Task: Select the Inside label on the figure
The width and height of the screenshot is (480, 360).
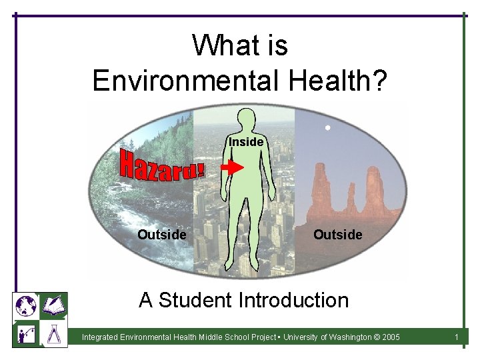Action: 247,142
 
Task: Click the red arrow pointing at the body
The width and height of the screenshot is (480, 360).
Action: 232,168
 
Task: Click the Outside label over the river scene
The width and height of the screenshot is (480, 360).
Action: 161,235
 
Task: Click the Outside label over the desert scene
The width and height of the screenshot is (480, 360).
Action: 337,235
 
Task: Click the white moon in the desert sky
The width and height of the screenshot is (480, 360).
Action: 327,127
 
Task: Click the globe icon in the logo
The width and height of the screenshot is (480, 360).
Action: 26,305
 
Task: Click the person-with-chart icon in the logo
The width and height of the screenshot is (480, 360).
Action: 26,333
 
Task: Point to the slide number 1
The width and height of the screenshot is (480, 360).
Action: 456,337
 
